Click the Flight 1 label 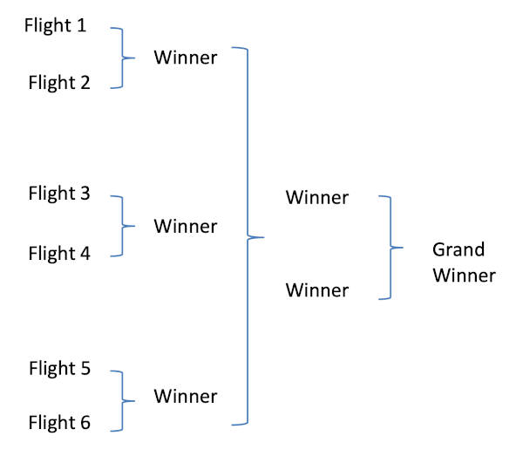coord(56,25)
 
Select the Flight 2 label coord(59,84)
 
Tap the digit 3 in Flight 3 coord(85,194)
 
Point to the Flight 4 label coord(59,254)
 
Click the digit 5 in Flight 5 coord(85,368)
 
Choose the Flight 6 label coord(59,424)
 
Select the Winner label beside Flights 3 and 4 coord(186,226)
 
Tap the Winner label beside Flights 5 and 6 coord(186,397)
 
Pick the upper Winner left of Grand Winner coord(317,198)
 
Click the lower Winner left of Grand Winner coord(317,289)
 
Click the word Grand coord(458,251)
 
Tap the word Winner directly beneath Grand coord(464,276)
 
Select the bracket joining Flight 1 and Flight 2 coord(122,58)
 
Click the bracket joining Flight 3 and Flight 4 coord(122,226)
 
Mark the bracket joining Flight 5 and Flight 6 coord(122,401)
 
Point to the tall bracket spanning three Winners coord(248,235)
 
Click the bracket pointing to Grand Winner coord(389,248)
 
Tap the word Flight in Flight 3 coord(51,194)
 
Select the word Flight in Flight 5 coord(51,368)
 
